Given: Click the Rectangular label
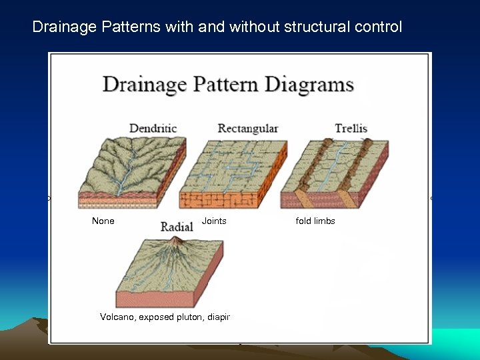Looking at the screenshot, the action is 248,128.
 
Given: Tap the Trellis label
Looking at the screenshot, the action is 351,128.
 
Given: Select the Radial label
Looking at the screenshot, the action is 177,227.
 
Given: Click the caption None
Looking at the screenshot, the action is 103,221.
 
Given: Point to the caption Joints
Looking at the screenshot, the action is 214,221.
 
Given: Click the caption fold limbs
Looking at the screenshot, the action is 315,221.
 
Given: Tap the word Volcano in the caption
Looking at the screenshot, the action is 117,317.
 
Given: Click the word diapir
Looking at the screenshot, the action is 217,317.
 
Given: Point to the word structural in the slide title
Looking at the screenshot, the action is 319,27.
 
